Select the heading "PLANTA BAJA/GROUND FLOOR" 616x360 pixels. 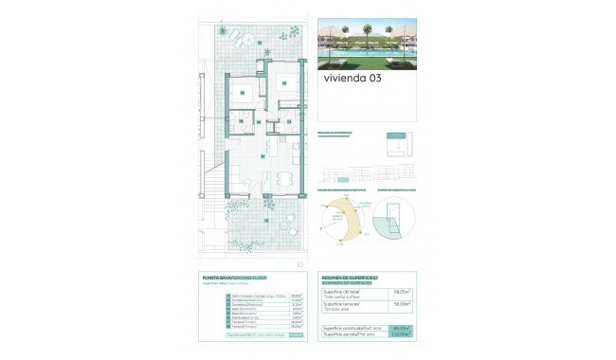[235, 278]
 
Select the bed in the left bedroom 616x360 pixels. [245, 91]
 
